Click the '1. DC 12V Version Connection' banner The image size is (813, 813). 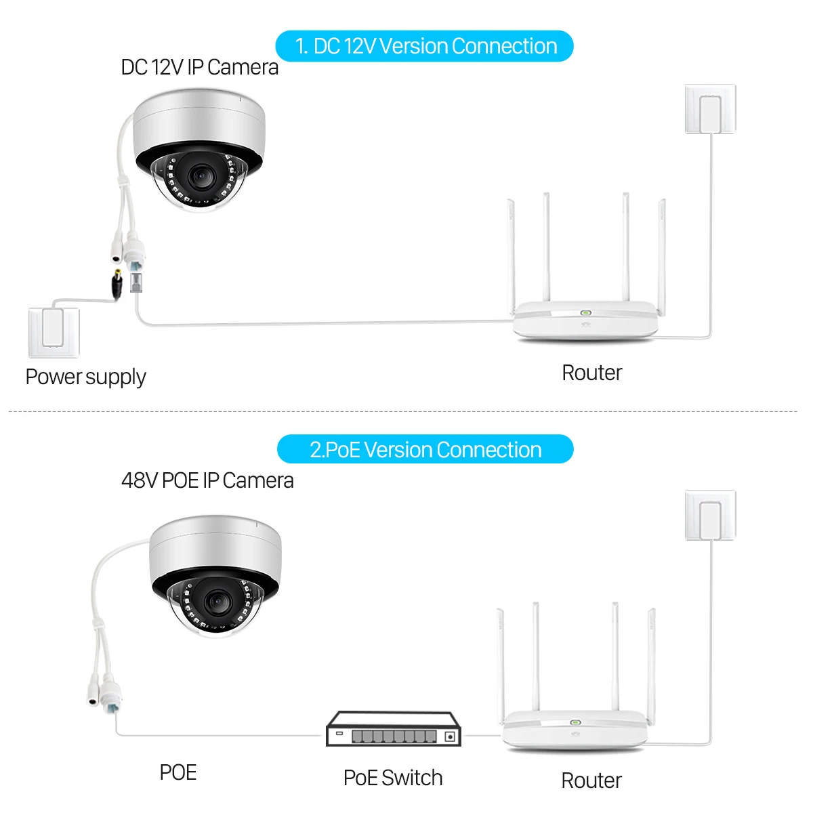pyautogui.click(x=425, y=46)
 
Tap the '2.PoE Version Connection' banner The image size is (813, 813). pyautogui.click(x=425, y=450)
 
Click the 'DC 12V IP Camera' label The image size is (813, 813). pyautogui.click(x=199, y=67)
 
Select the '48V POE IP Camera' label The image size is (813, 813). pyautogui.click(x=207, y=480)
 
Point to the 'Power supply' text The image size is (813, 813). pyautogui.click(x=85, y=377)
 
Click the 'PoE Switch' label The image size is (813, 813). pyautogui.click(x=393, y=778)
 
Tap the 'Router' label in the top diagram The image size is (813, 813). pyautogui.click(x=591, y=373)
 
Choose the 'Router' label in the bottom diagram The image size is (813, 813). pyautogui.click(x=591, y=780)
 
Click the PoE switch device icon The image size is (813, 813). pyautogui.click(x=394, y=729)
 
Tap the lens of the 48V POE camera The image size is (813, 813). pyautogui.click(x=215, y=600)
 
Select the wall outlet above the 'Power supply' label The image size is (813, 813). pyautogui.click(x=54, y=332)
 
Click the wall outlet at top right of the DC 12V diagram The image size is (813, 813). pyautogui.click(x=710, y=109)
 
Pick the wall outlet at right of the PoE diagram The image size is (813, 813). pyautogui.click(x=710, y=516)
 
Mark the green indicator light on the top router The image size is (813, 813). pyautogui.click(x=585, y=314)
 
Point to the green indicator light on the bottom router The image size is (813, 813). pyautogui.click(x=576, y=722)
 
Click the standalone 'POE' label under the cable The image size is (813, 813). pyautogui.click(x=178, y=772)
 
